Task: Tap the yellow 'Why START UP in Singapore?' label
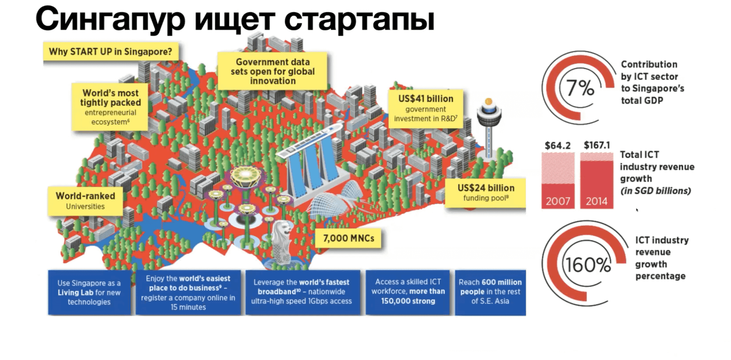tap(110, 52)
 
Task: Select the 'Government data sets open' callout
tap(273, 71)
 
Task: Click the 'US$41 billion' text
tap(426, 99)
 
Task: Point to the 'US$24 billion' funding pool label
tap(486, 193)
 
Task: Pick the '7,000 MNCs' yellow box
tap(348, 239)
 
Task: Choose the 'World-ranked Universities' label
tap(85, 201)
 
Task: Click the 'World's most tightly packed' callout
tap(110, 107)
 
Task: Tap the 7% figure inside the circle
tap(580, 88)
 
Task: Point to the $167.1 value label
tap(597, 145)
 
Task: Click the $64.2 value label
tap(558, 145)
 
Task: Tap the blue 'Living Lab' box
tap(89, 292)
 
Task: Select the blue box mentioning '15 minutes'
tap(188, 292)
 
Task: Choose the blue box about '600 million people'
tap(490, 292)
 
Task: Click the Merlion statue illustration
tap(282, 240)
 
